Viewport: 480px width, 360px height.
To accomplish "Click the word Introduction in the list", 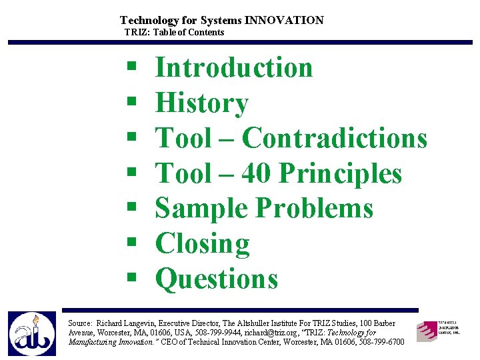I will click(x=233, y=67).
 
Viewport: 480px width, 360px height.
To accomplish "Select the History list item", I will click(x=201, y=103).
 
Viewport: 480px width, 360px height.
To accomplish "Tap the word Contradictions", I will click(x=334, y=138).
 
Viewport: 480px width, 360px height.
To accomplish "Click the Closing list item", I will click(x=202, y=244).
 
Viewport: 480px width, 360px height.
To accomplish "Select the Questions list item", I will click(x=216, y=279).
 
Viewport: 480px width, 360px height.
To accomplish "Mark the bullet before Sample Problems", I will click(x=131, y=209).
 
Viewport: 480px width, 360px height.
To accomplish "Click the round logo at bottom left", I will click(x=31, y=333).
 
